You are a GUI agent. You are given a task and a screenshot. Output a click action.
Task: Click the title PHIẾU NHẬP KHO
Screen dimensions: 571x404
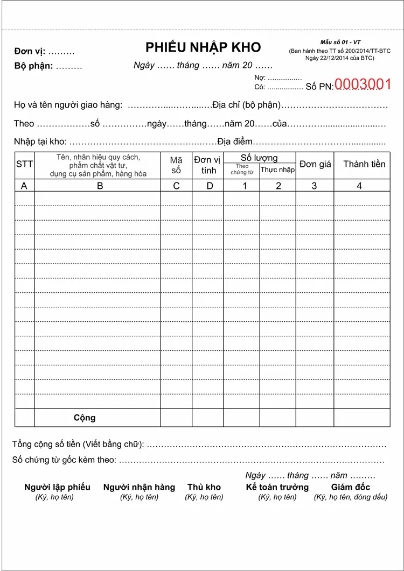203,47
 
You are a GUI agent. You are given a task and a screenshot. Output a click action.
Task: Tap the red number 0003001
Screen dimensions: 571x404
363,84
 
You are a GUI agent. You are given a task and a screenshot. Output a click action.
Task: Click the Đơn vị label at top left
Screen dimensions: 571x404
30,52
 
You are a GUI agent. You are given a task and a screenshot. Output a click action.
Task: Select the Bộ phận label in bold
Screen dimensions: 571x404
33,66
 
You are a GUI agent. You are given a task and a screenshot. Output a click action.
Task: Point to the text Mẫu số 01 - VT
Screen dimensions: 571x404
340,42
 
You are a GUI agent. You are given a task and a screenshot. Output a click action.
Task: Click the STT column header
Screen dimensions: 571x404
24,165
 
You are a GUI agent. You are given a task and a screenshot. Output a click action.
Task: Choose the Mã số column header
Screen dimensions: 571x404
176,165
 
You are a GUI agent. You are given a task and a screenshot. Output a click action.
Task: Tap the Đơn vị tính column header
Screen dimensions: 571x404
208,165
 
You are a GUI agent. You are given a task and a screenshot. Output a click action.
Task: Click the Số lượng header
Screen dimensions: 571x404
259,158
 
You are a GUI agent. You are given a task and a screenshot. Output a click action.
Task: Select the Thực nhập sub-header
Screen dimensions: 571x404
277,170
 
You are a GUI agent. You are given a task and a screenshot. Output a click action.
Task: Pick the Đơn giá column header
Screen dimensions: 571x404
315,164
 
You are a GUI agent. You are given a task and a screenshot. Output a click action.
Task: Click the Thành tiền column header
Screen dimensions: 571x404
364,164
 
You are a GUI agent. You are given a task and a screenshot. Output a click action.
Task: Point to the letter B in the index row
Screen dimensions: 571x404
100,186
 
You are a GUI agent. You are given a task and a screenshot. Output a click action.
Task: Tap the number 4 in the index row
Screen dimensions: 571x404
359,186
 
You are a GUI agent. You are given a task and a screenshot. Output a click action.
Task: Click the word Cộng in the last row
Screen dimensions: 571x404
85,418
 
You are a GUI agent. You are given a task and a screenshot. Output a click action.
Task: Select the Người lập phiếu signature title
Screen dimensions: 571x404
57,487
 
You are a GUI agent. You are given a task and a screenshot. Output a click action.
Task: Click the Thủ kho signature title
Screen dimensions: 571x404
204,487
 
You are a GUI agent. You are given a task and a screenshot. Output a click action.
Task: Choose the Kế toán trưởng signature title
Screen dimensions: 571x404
277,487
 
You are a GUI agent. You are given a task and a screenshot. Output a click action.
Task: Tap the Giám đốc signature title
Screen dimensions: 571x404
351,487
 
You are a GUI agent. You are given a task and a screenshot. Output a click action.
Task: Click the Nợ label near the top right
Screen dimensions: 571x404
260,77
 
